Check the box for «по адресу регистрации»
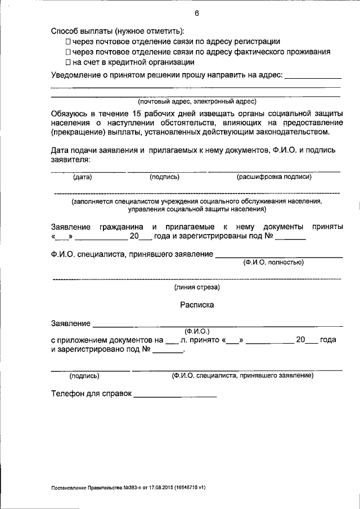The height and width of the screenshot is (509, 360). tap(68, 42)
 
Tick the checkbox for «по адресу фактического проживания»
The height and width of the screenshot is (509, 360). tap(68, 52)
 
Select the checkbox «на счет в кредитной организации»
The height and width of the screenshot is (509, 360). tap(68, 62)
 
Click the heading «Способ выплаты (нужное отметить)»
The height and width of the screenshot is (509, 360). tap(118, 31)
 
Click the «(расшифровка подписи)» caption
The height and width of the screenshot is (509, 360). tap(274, 177)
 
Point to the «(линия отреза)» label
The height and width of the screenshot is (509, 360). tap(197, 287)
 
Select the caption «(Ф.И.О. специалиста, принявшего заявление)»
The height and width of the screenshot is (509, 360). tap(242, 375)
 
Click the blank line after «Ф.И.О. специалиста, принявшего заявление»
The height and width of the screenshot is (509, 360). tap(279, 256)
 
